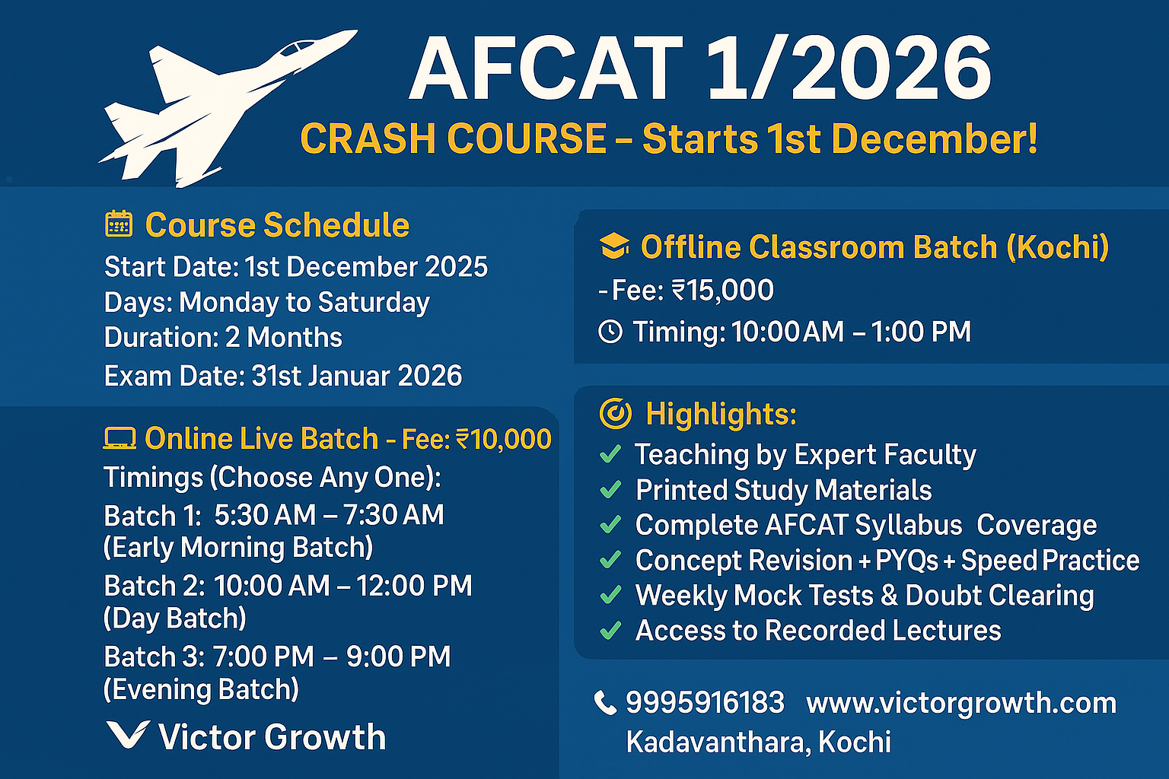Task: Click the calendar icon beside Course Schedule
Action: click(x=119, y=224)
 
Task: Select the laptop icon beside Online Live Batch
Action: click(x=119, y=439)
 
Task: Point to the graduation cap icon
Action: click(x=614, y=246)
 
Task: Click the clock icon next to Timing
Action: click(x=610, y=332)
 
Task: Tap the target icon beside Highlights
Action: click(x=615, y=413)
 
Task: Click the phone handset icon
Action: click(x=605, y=703)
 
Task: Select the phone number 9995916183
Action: click(x=705, y=702)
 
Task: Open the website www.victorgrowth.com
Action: click(x=961, y=703)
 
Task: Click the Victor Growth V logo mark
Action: click(x=126, y=735)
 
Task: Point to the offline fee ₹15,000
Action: click(x=722, y=290)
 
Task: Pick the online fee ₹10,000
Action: click(x=503, y=439)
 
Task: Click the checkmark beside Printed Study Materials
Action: click(x=610, y=490)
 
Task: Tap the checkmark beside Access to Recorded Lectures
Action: click(x=610, y=631)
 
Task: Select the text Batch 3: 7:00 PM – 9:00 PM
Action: click(x=277, y=657)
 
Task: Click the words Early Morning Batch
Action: click(x=238, y=548)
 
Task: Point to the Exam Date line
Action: click(x=283, y=376)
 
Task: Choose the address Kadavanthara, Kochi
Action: click(x=758, y=742)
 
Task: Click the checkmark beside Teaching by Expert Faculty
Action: click(x=610, y=454)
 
